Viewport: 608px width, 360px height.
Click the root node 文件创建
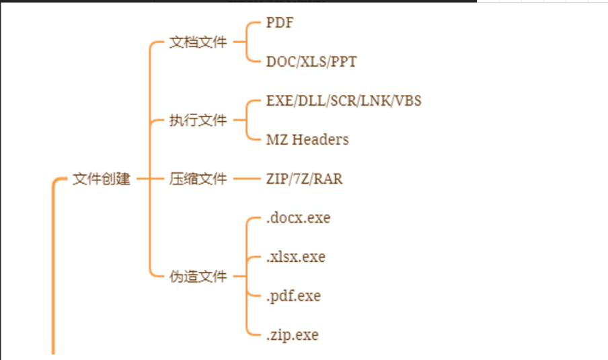point(102,180)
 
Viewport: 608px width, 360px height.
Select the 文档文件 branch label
point(198,42)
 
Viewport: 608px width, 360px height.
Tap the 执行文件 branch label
point(198,121)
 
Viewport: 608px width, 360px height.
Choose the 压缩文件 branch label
point(198,180)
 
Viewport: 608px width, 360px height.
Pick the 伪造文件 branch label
point(198,277)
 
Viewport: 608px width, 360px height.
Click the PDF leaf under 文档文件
point(280,23)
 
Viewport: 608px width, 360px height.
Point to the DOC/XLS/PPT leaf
point(311,62)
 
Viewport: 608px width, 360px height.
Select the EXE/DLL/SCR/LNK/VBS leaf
point(344,101)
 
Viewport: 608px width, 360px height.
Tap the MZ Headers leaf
point(307,140)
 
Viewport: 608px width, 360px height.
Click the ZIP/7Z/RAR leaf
point(304,180)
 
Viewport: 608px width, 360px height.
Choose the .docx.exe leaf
point(298,218)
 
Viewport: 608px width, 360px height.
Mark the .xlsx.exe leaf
point(295,257)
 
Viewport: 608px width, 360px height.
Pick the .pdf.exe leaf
point(293,296)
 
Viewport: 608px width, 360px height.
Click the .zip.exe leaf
point(292,335)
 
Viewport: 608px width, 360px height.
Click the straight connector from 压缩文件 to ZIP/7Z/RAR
point(246,180)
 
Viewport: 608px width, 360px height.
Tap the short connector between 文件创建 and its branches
point(141,180)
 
